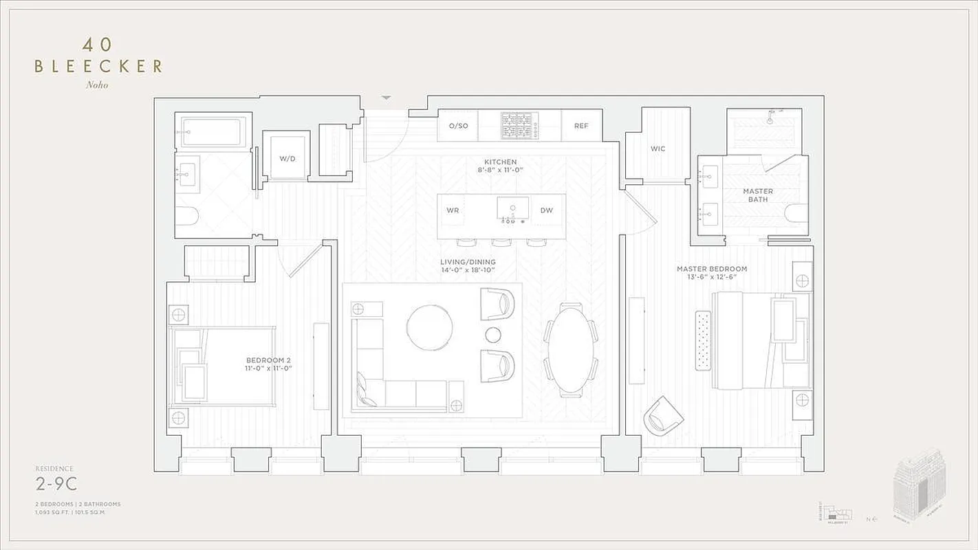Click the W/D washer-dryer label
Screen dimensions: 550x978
[x=287, y=159]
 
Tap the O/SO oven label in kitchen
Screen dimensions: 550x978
[x=458, y=126]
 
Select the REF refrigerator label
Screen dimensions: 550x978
[x=581, y=126]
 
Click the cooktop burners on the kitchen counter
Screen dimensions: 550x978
[x=521, y=126]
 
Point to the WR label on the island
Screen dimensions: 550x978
[x=453, y=210]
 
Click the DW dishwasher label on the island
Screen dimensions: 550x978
[x=546, y=210]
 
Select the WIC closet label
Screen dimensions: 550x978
[x=658, y=148]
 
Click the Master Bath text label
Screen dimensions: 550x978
[x=757, y=195]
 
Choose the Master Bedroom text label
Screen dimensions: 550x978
[x=711, y=273]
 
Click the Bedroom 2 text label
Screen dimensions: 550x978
[x=269, y=364]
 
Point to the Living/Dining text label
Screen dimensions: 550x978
[x=468, y=266]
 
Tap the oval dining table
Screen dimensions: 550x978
[x=571, y=349]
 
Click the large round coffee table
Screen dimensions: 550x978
[x=429, y=328]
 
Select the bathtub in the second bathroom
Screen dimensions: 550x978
[x=213, y=131]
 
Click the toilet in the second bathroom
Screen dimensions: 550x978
[x=186, y=216]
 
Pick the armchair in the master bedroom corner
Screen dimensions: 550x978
[x=663, y=415]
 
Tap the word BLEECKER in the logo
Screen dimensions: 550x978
[x=98, y=66]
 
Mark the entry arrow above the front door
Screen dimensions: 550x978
[x=387, y=98]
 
